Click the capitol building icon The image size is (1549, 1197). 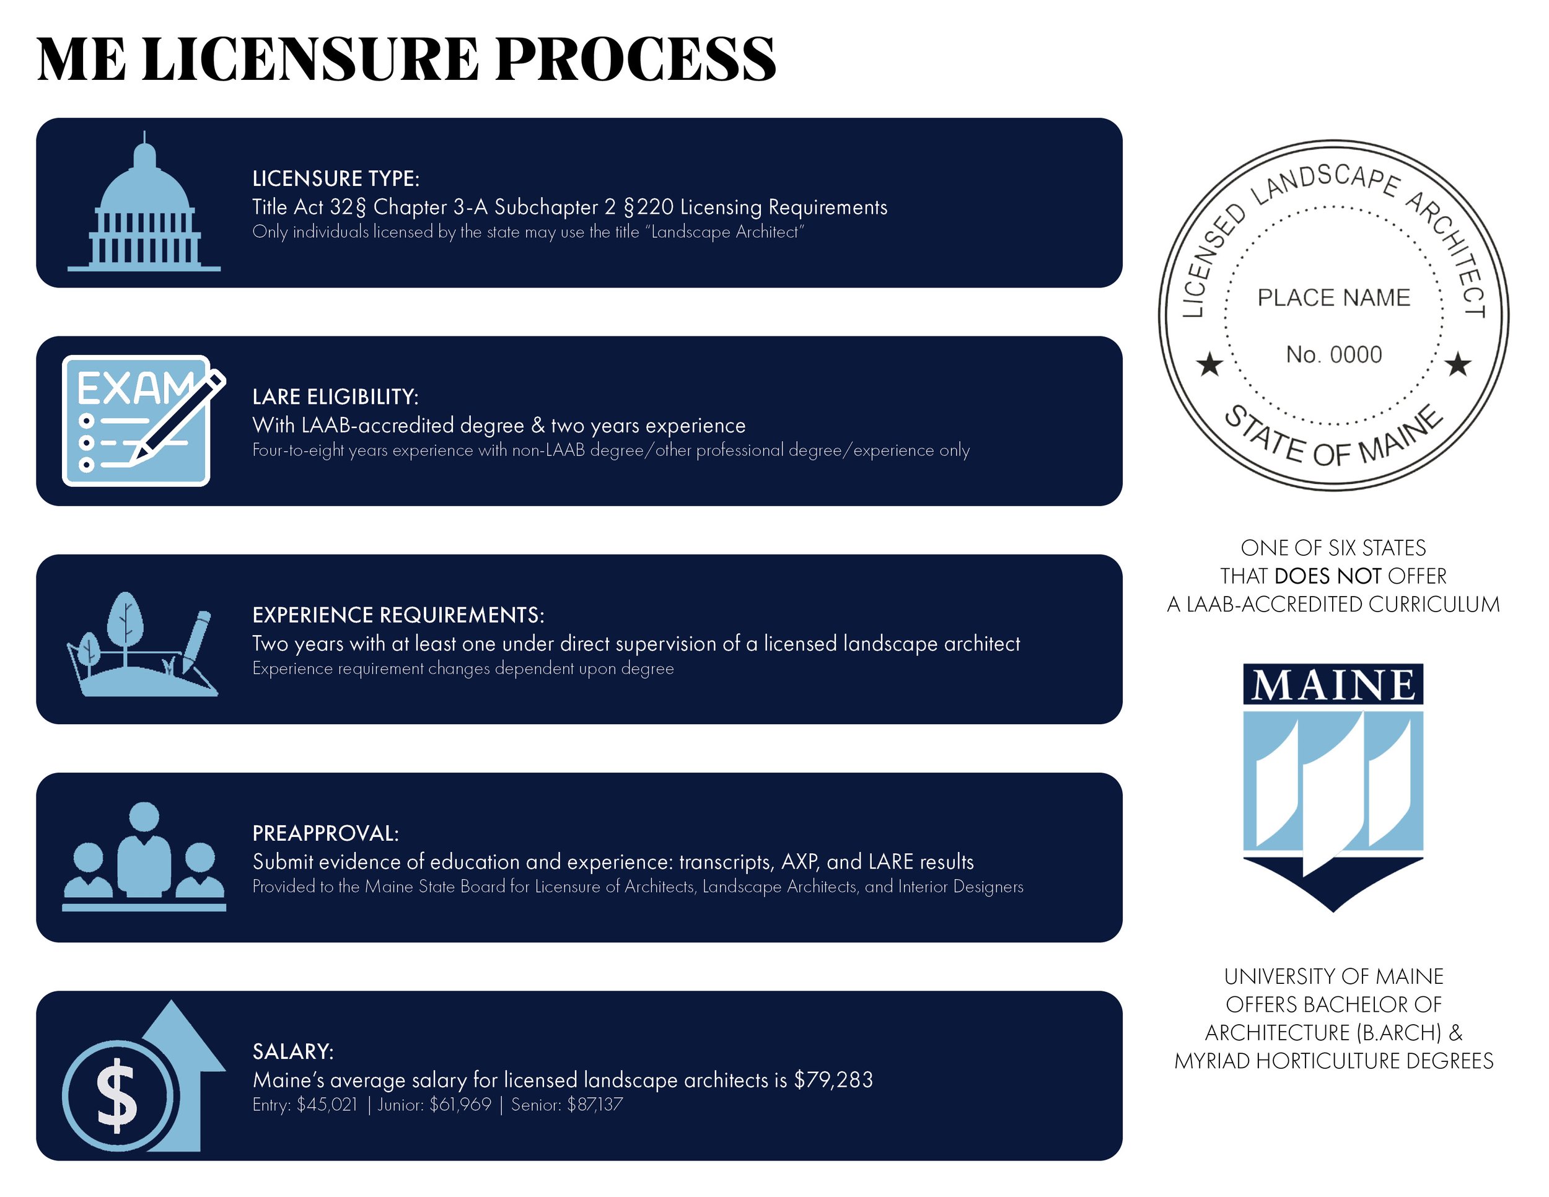(144, 206)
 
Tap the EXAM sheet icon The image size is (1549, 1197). (138, 421)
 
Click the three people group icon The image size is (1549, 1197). (144, 858)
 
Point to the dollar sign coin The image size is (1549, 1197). (117, 1095)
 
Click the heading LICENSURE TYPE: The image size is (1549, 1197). (335, 178)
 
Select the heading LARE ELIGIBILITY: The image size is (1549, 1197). (335, 397)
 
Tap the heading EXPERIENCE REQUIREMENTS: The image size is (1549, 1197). (398, 615)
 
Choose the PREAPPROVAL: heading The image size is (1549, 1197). (325, 833)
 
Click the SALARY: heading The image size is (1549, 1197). (293, 1051)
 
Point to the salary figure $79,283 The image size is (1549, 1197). (833, 1079)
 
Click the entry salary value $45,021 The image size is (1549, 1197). (327, 1105)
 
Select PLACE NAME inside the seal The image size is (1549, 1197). (1333, 298)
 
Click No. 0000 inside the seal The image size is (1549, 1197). (1333, 354)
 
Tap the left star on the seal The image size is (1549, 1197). (1209, 365)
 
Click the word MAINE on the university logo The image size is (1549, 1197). (1333, 685)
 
